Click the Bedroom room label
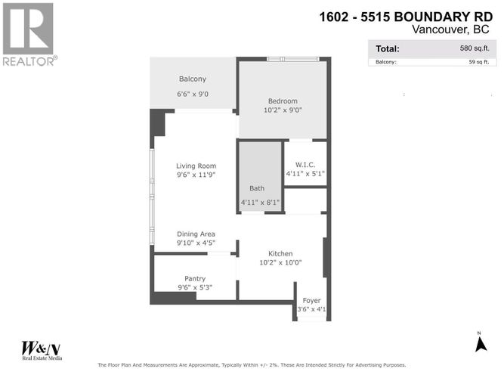click(283, 101)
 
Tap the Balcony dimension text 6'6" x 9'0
click(193, 94)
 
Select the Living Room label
click(196, 166)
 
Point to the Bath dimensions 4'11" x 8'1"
click(260, 203)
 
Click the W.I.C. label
click(305, 165)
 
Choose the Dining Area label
click(196, 234)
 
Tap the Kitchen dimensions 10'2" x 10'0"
click(280, 262)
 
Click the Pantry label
click(195, 279)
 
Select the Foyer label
click(312, 300)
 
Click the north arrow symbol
click(481, 343)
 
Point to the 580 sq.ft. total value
click(475, 48)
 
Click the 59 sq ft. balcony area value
click(479, 62)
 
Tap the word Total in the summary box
click(388, 49)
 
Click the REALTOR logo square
click(28, 29)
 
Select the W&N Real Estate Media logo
click(42, 350)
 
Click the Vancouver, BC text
click(450, 29)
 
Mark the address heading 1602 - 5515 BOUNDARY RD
click(406, 17)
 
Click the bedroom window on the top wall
click(293, 59)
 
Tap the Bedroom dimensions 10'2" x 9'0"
click(283, 110)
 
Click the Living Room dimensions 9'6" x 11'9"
click(196, 175)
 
